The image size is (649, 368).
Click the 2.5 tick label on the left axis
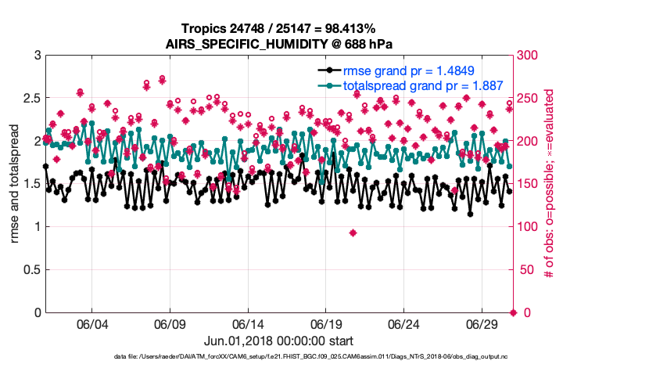point(30,99)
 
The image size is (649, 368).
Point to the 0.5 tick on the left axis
point(30,270)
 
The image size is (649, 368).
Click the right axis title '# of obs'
point(550,184)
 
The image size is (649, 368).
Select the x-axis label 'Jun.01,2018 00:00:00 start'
point(279,341)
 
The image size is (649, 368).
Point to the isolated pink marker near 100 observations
point(353,233)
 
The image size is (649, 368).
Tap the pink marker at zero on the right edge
point(513,312)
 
